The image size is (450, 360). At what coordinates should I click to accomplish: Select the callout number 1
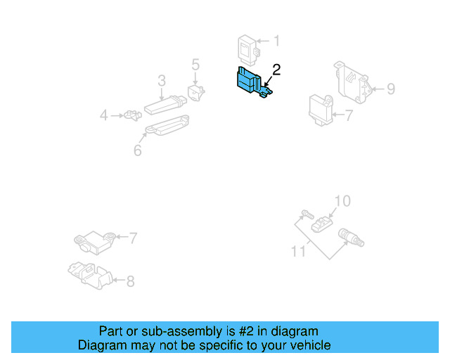coord(276,41)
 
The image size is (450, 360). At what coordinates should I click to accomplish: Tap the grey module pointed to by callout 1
coord(248,49)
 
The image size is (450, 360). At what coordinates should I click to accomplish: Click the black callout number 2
coord(276,69)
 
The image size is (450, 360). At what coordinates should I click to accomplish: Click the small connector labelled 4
coord(131,115)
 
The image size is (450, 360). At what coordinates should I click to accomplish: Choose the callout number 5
coord(195,65)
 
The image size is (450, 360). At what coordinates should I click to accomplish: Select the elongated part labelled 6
coord(167,126)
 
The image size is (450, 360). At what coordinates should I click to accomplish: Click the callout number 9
coord(390,89)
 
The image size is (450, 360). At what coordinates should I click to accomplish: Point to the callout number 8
coord(130,281)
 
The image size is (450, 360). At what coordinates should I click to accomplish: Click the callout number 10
coord(341,202)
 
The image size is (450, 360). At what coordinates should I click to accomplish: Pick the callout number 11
coord(299,251)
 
